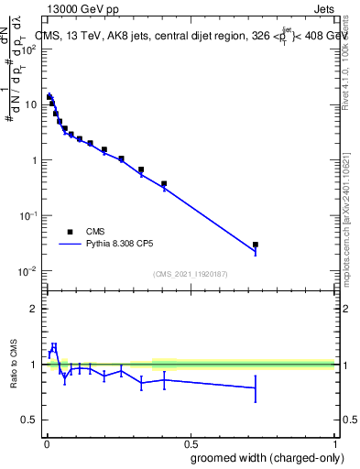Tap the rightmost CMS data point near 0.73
(256, 245)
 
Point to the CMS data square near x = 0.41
(164, 184)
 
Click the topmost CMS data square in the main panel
(49, 96)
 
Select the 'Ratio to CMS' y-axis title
(14, 364)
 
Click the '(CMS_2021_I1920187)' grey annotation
(190, 273)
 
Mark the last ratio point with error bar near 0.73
(256, 387)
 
